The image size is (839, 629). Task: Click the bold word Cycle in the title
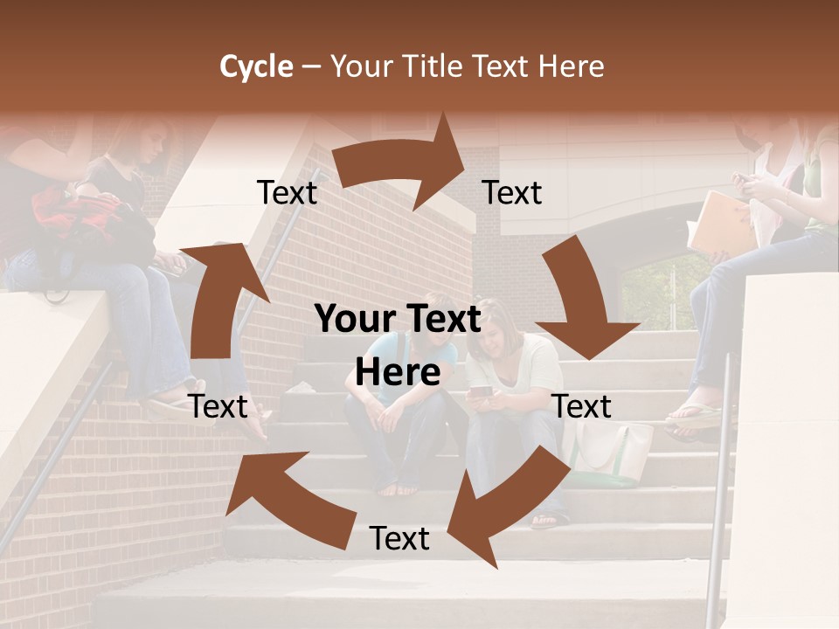[256, 66]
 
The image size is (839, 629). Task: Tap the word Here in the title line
[571, 66]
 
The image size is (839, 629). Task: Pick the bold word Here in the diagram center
[398, 373]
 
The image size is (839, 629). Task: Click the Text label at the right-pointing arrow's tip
[513, 192]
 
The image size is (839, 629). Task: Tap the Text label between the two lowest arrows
[399, 538]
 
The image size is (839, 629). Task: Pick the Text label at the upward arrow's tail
[218, 406]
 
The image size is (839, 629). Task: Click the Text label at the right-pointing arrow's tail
[288, 192]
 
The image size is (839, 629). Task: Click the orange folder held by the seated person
[721, 223]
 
